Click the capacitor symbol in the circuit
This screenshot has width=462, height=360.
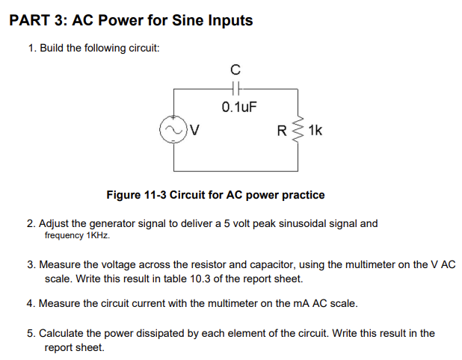click(x=235, y=87)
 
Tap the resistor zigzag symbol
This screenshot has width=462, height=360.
click(x=298, y=131)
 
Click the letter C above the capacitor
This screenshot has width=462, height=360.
click(x=235, y=70)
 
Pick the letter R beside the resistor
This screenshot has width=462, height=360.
click(x=282, y=131)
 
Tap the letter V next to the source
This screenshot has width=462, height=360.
click(x=193, y=132)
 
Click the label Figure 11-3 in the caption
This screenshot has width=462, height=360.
click(x=137, y=195)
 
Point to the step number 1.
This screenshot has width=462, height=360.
click(x=31, y=48)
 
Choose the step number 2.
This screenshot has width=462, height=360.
click(x=30, y=223)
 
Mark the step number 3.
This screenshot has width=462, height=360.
click(x=30, y=264)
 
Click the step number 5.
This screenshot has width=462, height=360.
click(x=30, y=333)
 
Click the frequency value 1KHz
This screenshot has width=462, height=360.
click(x=98, y=235)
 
